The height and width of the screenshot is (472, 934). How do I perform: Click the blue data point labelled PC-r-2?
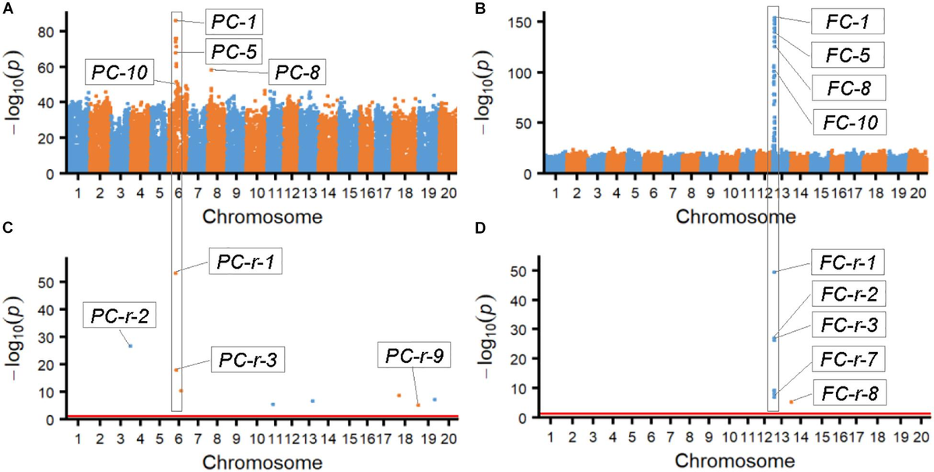[x=130, y=346]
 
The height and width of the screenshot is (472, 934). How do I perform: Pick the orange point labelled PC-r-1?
[x=176, y=273]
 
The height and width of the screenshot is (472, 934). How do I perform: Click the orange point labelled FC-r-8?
[x=792, y=402]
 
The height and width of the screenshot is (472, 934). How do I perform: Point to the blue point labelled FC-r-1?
[x=774, y=272]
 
